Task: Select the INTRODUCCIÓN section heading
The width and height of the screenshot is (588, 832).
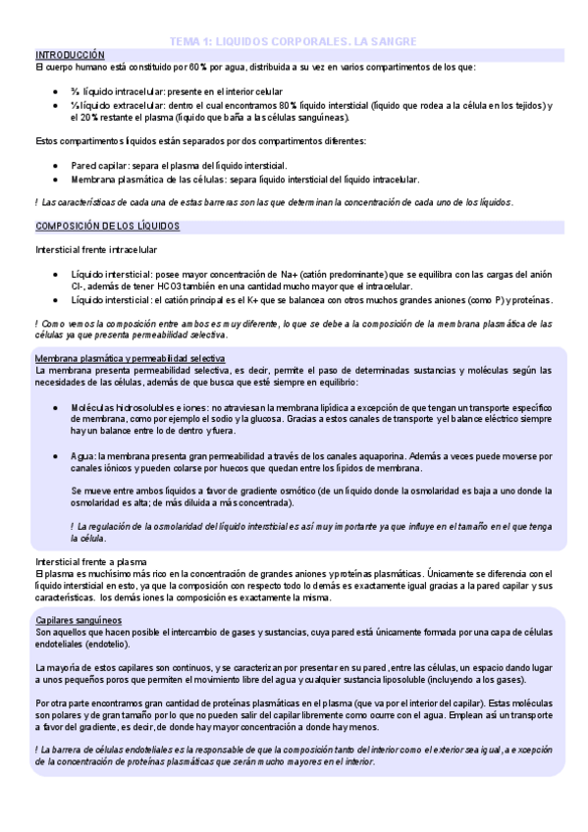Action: click(69, 55)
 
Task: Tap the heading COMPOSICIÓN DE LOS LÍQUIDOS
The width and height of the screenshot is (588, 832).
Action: click(107, 225)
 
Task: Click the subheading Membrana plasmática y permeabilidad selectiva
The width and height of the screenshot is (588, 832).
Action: click(129, 358)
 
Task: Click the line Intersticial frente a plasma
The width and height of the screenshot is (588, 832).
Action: click(85, 561)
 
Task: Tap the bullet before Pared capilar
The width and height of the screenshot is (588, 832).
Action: click(56, 166)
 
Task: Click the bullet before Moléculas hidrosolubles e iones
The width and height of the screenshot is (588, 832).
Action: click(56, 405)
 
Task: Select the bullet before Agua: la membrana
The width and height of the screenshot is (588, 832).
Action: click(56, 456)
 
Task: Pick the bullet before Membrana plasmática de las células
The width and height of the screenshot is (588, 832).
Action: click(56, 180)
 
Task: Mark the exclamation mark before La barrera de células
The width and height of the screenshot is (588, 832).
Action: click(36, 749)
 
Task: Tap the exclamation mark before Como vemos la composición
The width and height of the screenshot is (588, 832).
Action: click(36, 323)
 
